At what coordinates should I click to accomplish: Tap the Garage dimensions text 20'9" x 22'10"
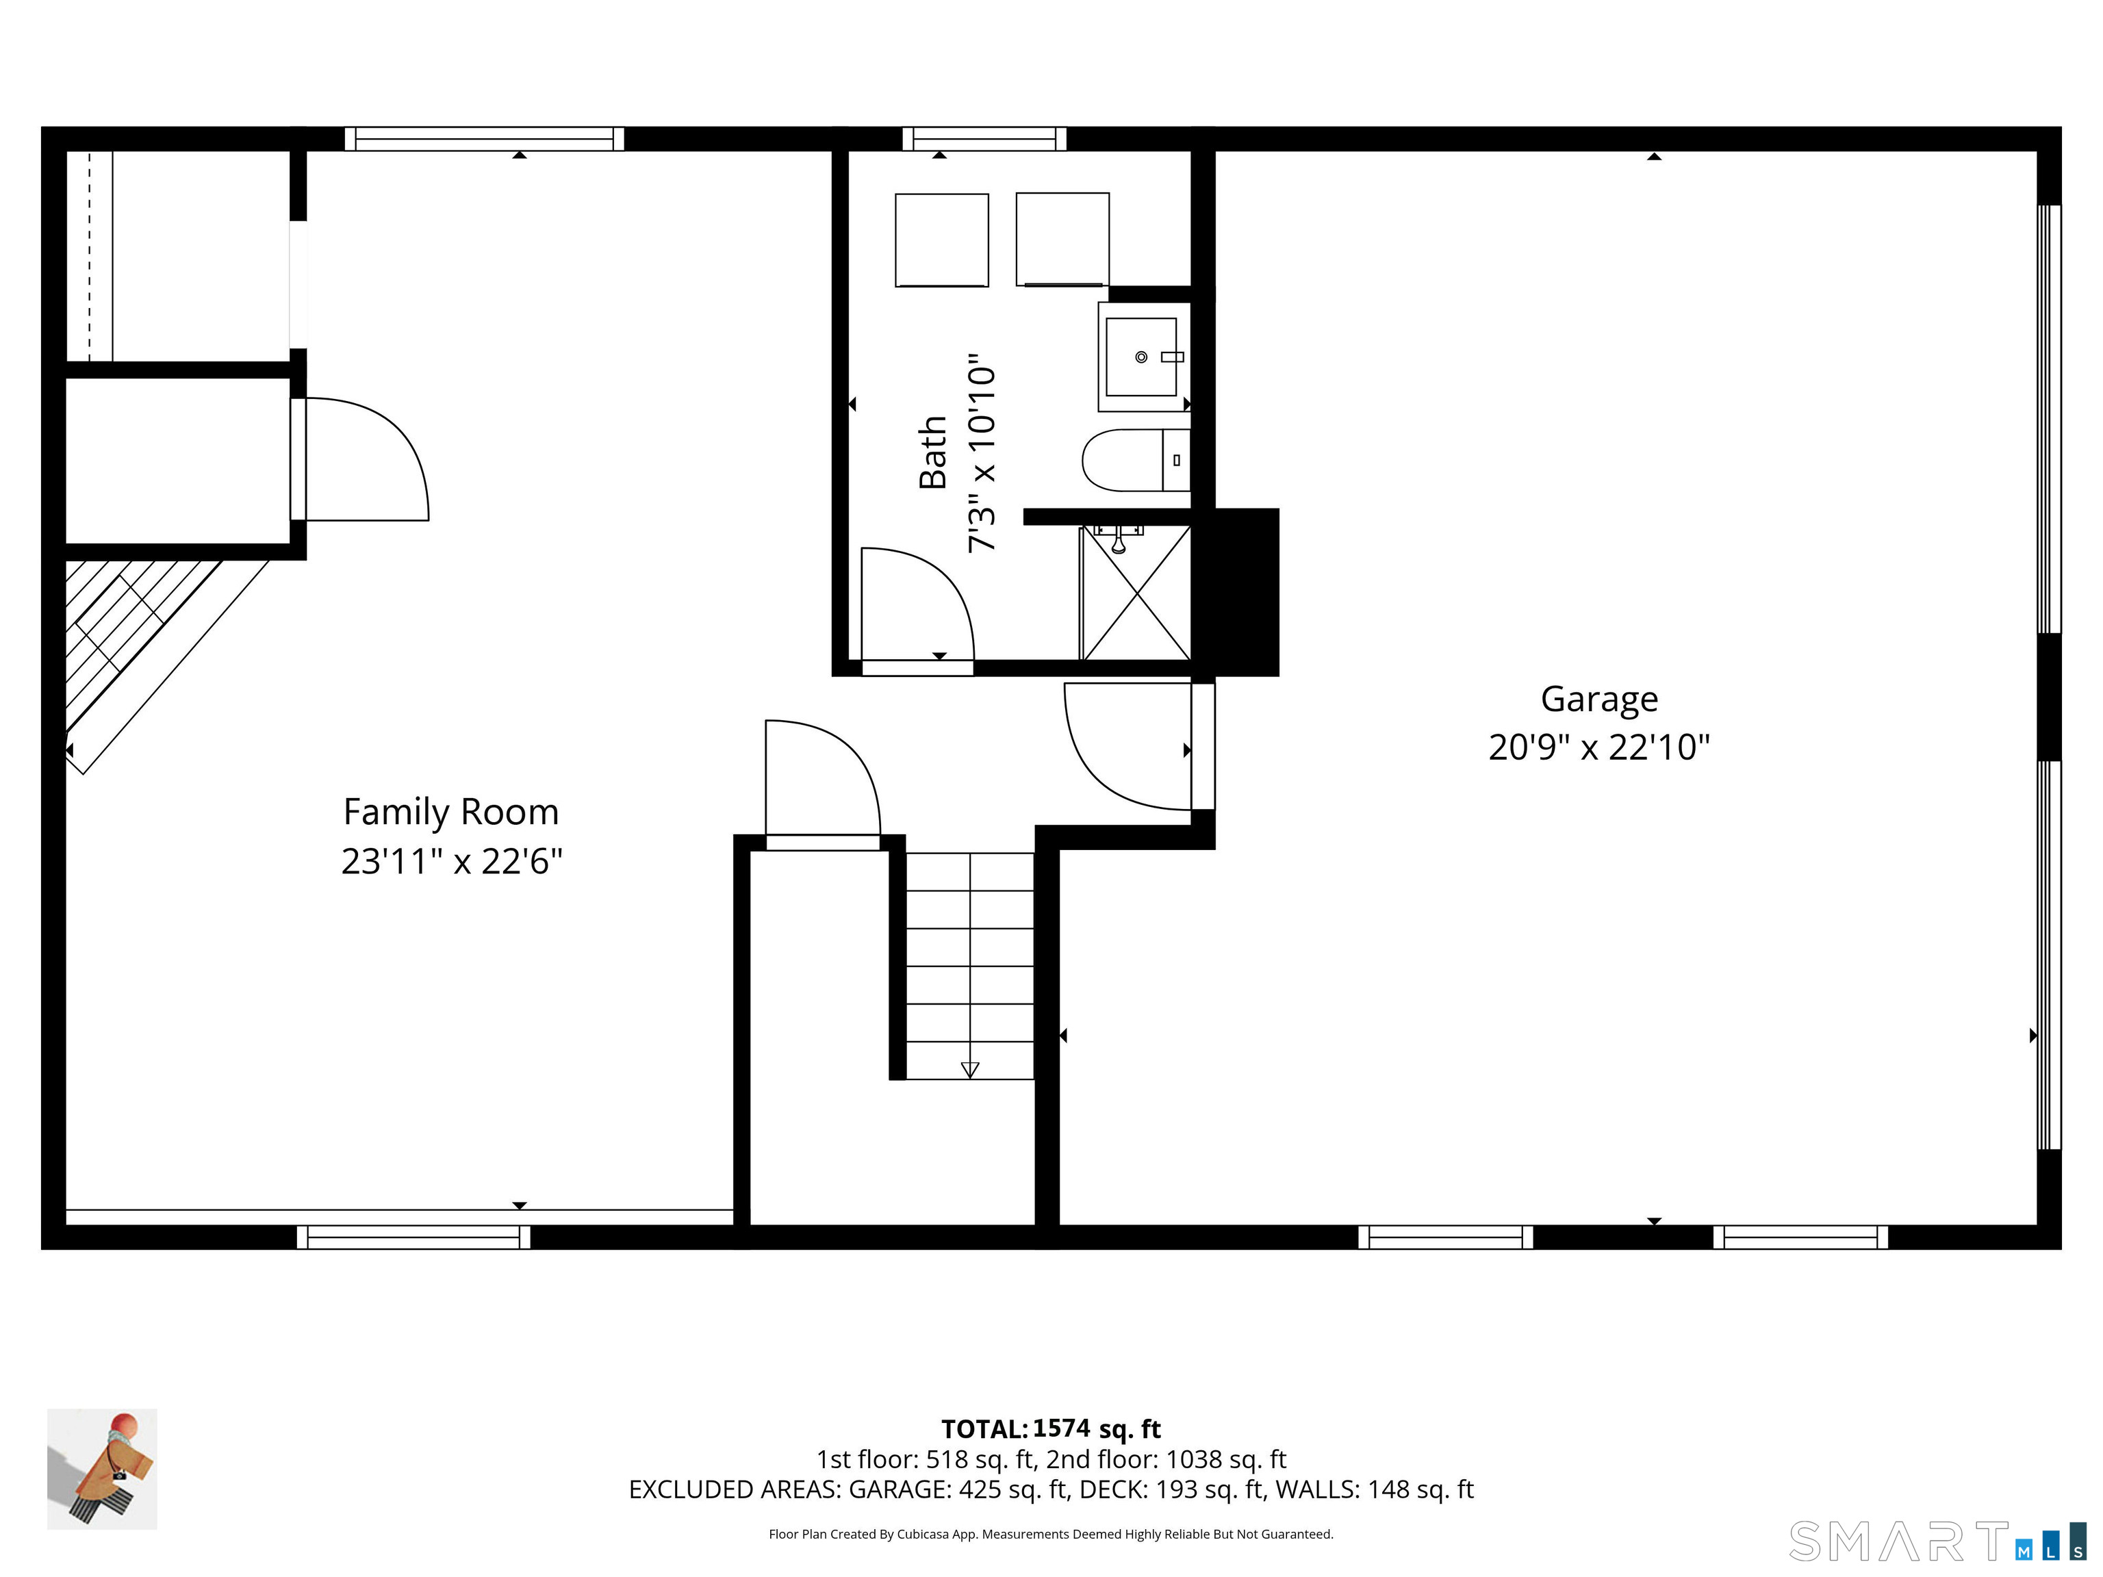[1599, 747]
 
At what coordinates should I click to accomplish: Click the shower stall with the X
[1136, 592]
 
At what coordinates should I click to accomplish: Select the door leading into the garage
[1127, 746]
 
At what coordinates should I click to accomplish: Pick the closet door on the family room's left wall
[359, 459]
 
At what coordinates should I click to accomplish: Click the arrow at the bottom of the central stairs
[970, 1069]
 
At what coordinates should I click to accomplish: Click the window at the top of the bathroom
[984, 139]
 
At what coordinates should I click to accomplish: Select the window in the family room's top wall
[484, 139]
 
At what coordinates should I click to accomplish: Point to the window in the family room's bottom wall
[413, 1237]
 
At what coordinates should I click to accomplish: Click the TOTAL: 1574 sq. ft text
[1051, 1428]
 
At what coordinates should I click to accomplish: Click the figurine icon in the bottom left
[102, 1469]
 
